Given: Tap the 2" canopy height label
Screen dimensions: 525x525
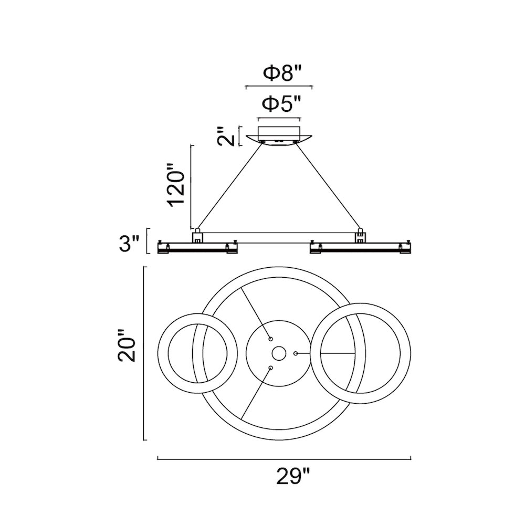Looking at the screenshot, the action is (x=226, y=136).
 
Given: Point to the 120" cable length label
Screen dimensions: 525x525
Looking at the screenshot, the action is (x=176, y=185).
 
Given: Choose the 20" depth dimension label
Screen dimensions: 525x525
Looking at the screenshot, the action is (x=127, y=346).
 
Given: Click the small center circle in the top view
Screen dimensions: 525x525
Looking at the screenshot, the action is (x=279, y=353).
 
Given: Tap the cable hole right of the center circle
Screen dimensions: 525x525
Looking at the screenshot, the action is (x=296, y=353).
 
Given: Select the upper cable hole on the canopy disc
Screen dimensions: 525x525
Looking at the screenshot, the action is (x=270, y=339).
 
